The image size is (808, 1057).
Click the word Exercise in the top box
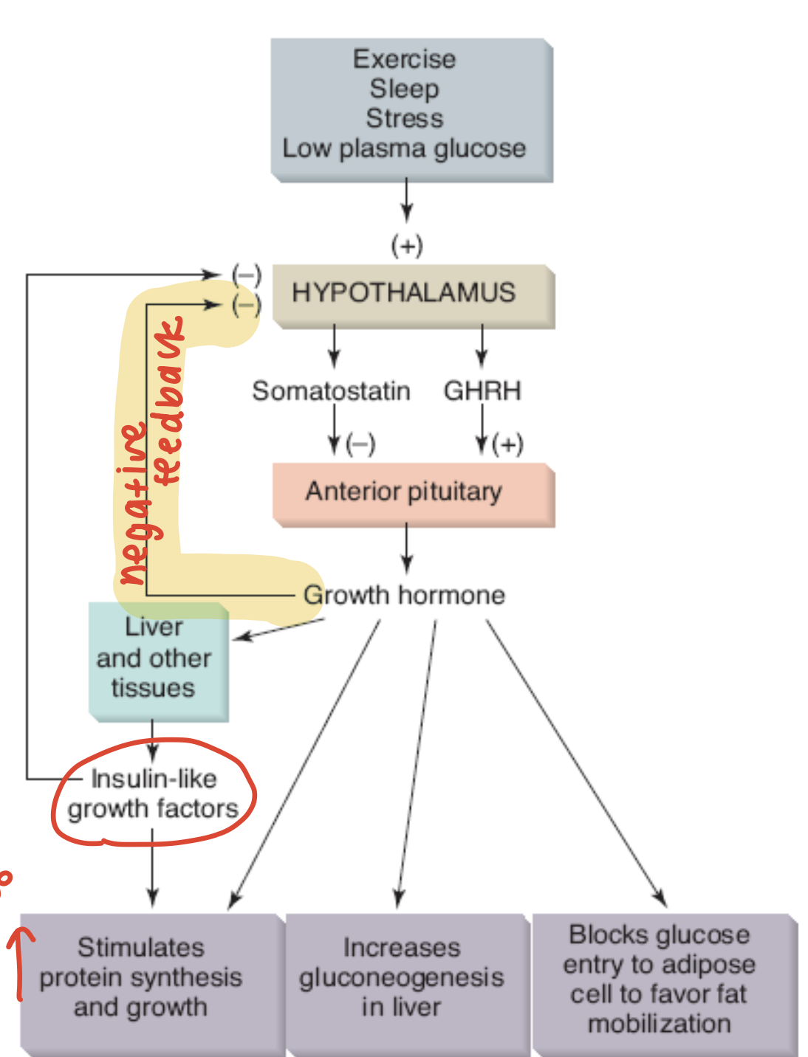404,59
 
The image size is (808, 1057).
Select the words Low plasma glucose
404,148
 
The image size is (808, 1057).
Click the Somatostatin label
331,390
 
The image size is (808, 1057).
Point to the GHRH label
482,390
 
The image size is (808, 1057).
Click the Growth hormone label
405,595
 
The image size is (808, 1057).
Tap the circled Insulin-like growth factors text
153,794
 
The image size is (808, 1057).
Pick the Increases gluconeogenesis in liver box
403,978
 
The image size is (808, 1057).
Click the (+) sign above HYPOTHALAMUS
407,245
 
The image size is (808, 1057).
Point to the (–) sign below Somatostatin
361,444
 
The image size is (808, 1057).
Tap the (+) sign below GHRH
508,444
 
